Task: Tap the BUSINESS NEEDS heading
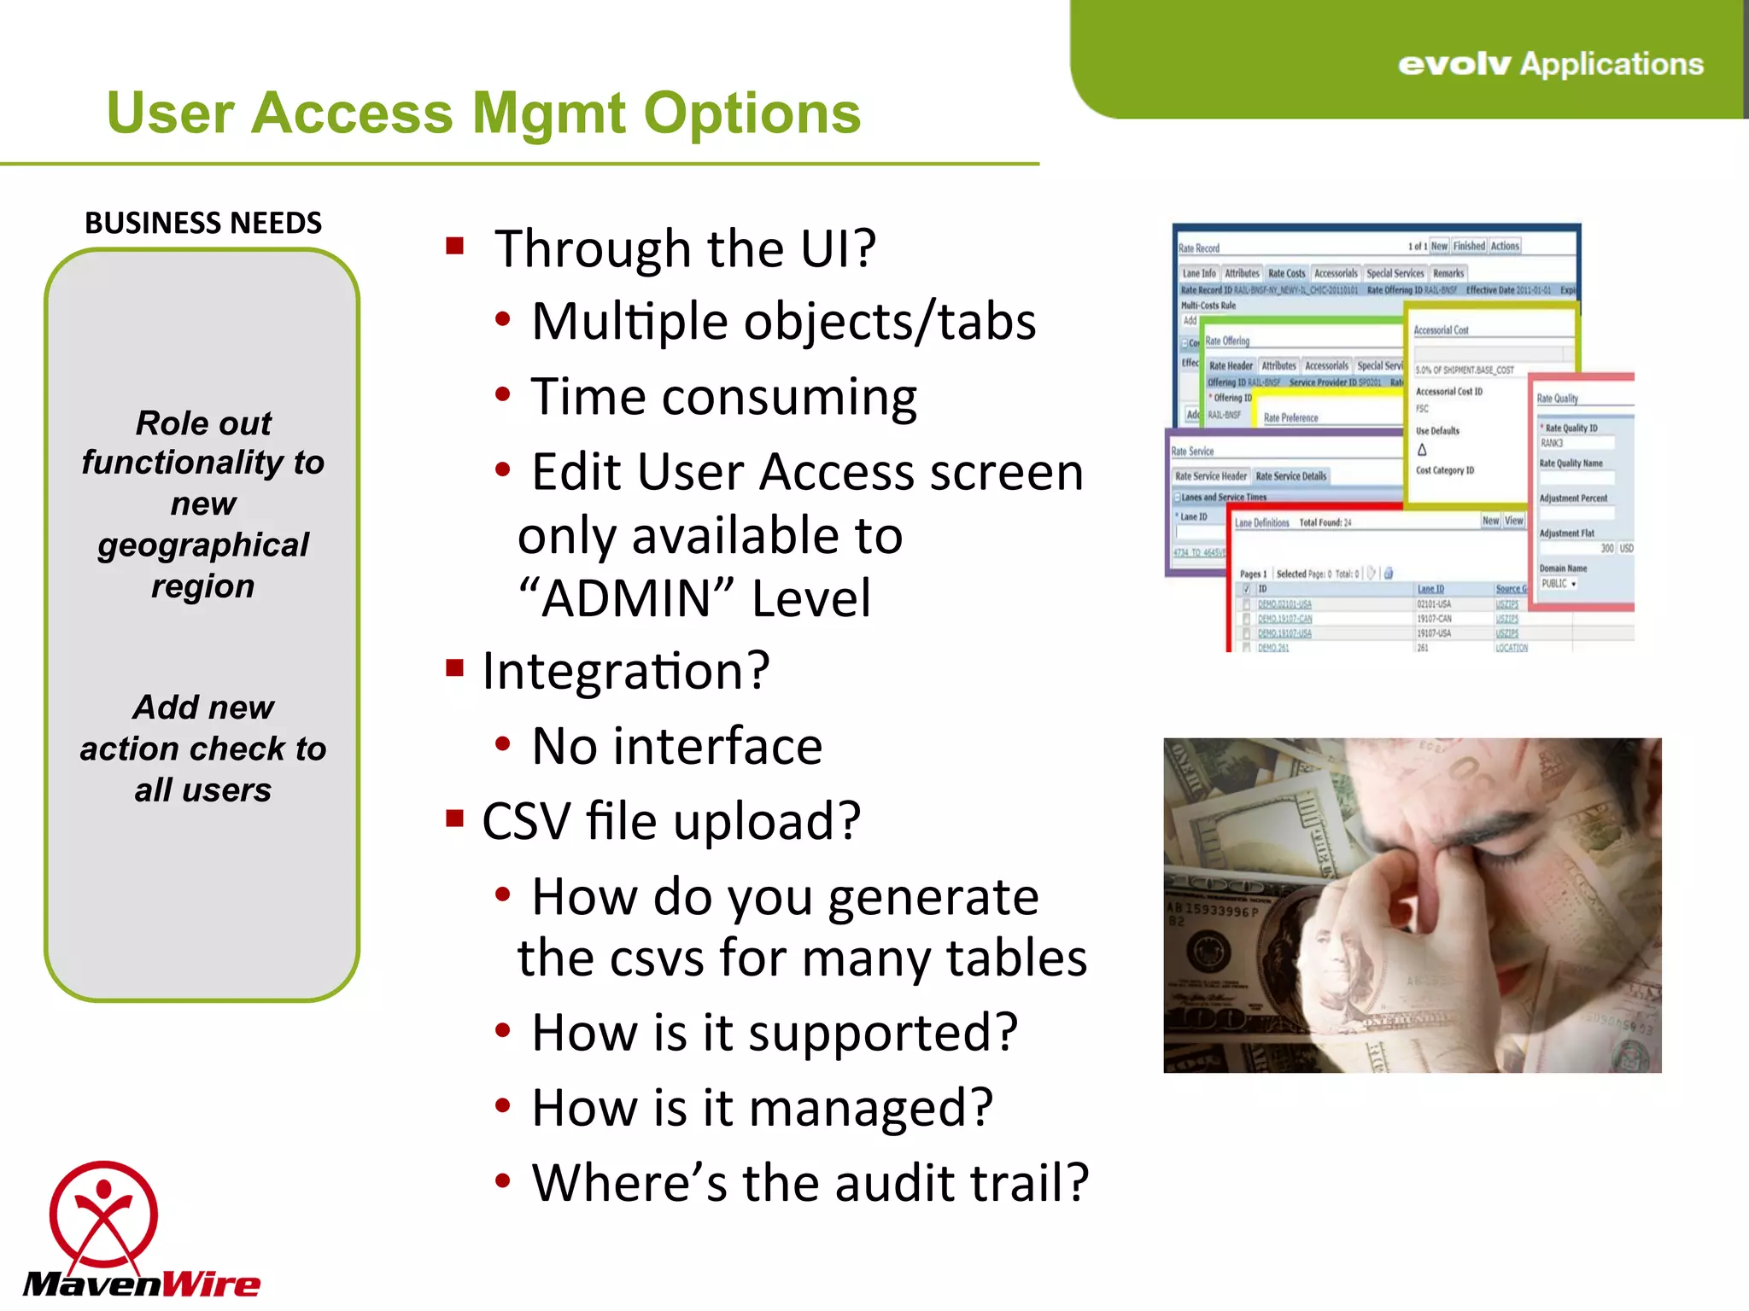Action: (x=203, y=224)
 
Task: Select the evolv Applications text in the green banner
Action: (x=1550, y=65)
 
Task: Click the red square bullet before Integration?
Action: (x=454, y=667)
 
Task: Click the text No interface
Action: (x=676, y=747)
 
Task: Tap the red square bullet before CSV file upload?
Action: (x=454, y=819)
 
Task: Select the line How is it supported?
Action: (x=774, y=1033)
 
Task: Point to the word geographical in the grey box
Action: (x=203, y=545)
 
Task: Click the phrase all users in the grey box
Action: (x=203, y=790)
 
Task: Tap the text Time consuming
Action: (x=723, y=398)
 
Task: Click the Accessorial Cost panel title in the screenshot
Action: (x=1441, y=330)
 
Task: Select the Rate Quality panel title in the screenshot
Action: (x=1557, y=399)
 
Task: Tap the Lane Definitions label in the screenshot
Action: (x=1261, y=522)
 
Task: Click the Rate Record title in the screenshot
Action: (x=1199, y=248)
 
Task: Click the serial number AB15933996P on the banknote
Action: (x=1213, y=911)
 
